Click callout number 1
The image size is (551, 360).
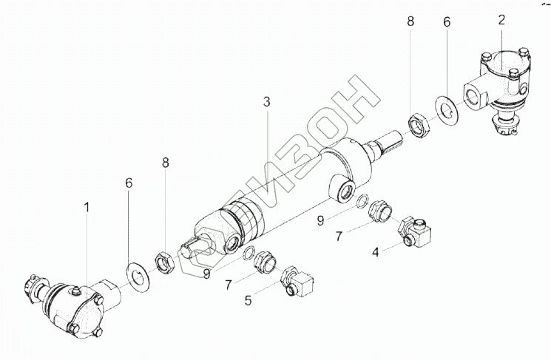coord(87,208)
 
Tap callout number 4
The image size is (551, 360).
coord(376,251)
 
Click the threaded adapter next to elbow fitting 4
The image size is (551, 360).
coord(379,213)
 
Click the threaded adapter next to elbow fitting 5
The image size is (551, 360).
coord(264,261)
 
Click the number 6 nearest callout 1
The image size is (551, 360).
coord(130,181)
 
